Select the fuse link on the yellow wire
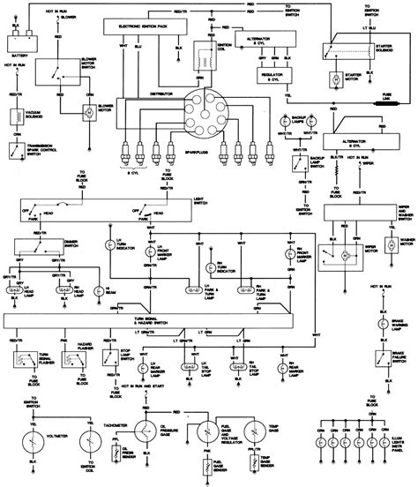pos(384,103)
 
